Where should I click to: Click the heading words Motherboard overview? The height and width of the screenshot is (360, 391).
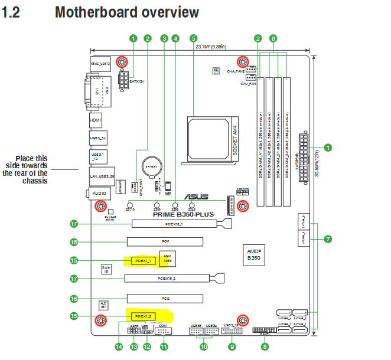[x=126, y=12]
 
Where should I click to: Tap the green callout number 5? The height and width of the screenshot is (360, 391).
[x=193, y=38]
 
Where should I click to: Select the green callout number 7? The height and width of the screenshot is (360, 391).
[x=328, y=239]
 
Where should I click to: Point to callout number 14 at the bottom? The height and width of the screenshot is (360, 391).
[x=119, y=347]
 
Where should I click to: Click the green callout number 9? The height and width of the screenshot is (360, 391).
[x=232, y=347]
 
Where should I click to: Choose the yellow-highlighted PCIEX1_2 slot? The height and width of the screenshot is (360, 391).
[x=142, y=316]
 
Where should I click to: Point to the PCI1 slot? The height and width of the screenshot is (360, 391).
[x=165, y=241]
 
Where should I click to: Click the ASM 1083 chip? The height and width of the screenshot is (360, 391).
[x=167, y=259]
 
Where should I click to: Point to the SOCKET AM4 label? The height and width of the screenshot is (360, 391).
[x=234, y=139]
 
